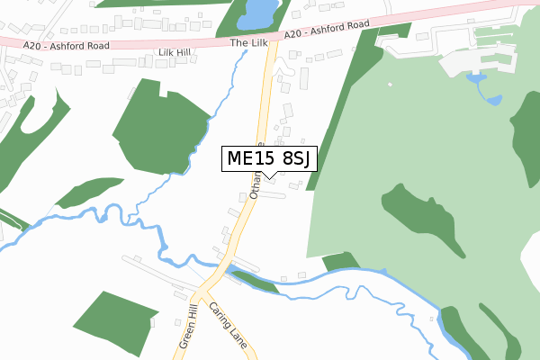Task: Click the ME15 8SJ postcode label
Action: (267, 158)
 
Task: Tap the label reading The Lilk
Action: (248, 41)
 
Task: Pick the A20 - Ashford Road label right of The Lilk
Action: (327, 29)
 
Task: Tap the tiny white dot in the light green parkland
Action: (390, 85)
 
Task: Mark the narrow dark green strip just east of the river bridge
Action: (256, 282)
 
